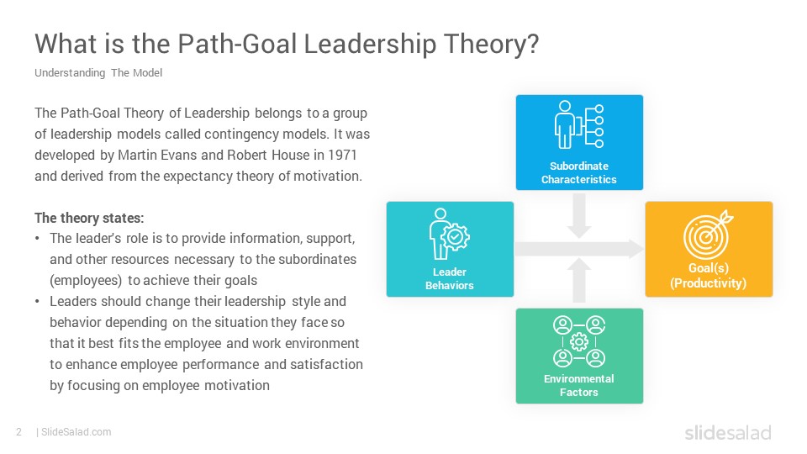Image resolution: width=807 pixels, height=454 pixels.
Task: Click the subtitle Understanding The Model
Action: point(98,73)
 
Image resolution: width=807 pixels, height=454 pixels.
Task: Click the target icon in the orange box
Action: point(708,236)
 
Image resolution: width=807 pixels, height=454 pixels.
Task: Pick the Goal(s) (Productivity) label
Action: point(708,276)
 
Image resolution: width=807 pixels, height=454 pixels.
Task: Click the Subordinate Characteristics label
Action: point(578,172)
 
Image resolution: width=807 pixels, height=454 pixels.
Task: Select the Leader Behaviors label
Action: point(450,278)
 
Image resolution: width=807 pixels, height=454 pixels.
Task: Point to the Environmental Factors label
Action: point(578,385)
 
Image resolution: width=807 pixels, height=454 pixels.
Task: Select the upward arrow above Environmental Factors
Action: point(578,279)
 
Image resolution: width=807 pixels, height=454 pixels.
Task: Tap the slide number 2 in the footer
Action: point(18,432)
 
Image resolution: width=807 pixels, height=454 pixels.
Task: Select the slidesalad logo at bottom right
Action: point(727,433)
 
